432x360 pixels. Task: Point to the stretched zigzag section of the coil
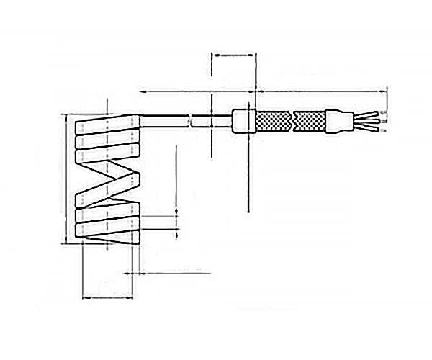click(108, 184)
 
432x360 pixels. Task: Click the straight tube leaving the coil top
click(166, 121)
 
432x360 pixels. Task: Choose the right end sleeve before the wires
click(336, 120)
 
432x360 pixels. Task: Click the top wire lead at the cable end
click(367, 114)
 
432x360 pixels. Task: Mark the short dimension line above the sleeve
click(234, 53)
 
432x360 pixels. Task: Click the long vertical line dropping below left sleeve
click(247, 173)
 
